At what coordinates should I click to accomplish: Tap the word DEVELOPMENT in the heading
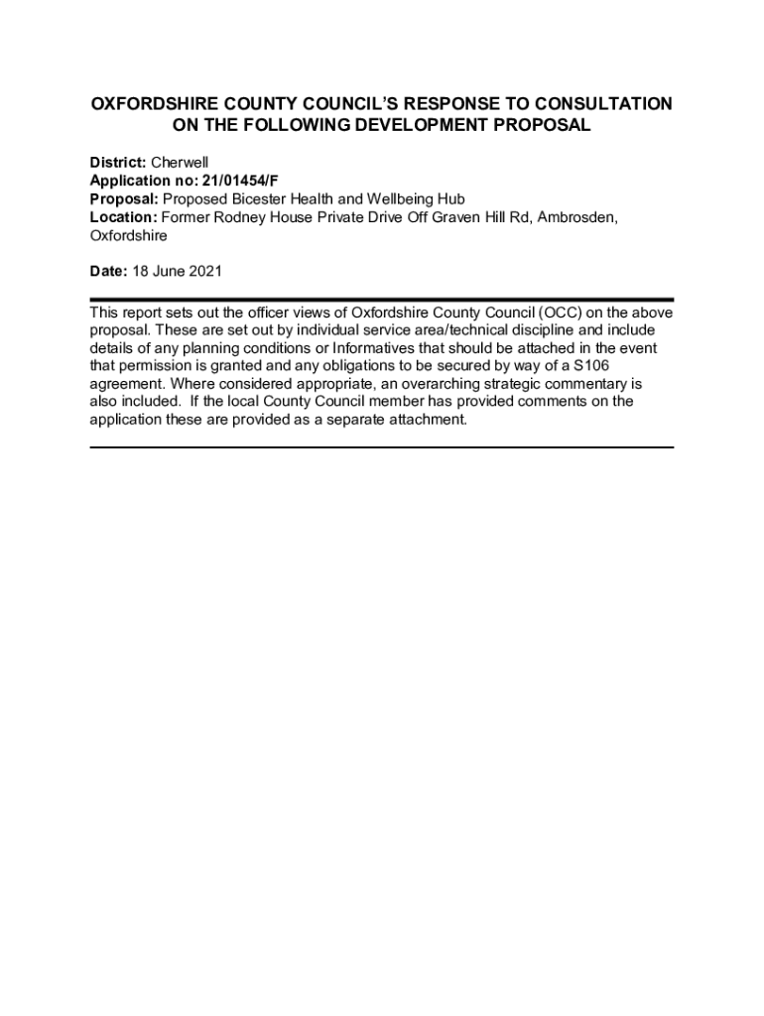click(415, 126)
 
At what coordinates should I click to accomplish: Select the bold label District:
click(118, 161)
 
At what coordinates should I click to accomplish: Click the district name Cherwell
click(180, 161)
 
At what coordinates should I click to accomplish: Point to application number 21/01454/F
click(241, 180)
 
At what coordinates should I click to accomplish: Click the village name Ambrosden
click(576, 217)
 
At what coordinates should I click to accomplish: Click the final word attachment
click(428, 419)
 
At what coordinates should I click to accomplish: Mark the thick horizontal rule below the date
click(382, 299)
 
